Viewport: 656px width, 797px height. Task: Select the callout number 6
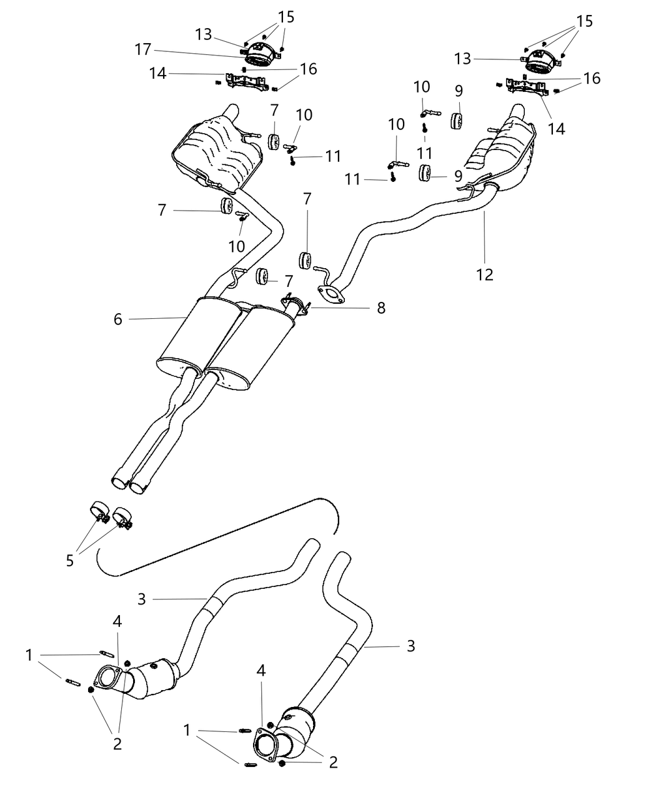coord(118,319)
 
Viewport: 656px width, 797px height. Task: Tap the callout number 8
coord(380,308)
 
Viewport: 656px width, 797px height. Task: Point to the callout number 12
coord(484,274)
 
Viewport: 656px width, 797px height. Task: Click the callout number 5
coord(69,561)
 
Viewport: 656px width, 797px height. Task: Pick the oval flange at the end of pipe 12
coord(330,294)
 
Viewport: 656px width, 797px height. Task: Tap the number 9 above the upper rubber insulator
coord(459,91)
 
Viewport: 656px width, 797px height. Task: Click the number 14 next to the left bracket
coord(157,74)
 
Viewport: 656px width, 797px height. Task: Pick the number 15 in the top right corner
coord(585,21)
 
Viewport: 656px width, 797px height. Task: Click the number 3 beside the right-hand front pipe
coord(410,646)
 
